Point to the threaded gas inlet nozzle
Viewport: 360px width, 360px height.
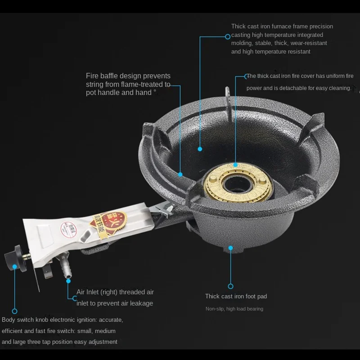pyautogui.click(x=67, y=270)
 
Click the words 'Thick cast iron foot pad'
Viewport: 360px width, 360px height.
pyautogui.click(x=236, y=296)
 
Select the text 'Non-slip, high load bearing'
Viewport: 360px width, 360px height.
pyautogui.click(x=234, y=309)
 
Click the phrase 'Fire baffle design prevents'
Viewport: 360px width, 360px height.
pyautogui.click(x=128, y=76)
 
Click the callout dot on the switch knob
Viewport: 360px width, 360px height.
pyautogui.click(x=14, y=266)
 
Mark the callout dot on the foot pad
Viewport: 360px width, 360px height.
pyautogui.click(x=230, y=247)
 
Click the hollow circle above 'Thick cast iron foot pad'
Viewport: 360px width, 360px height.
pyautogui.click(x=230, y=286)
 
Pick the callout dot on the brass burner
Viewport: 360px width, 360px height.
pyautogui.click(x=235, y=165)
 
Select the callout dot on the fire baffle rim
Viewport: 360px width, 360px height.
pyautogui.click(x=180, y=174)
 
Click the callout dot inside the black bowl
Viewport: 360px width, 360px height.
pyautogui.click(x=200, y=148)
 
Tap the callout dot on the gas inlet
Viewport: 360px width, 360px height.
pyautogui.click(x=68, y=281)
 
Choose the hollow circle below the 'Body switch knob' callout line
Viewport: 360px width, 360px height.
pyautogui.click(x=14, y=311)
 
